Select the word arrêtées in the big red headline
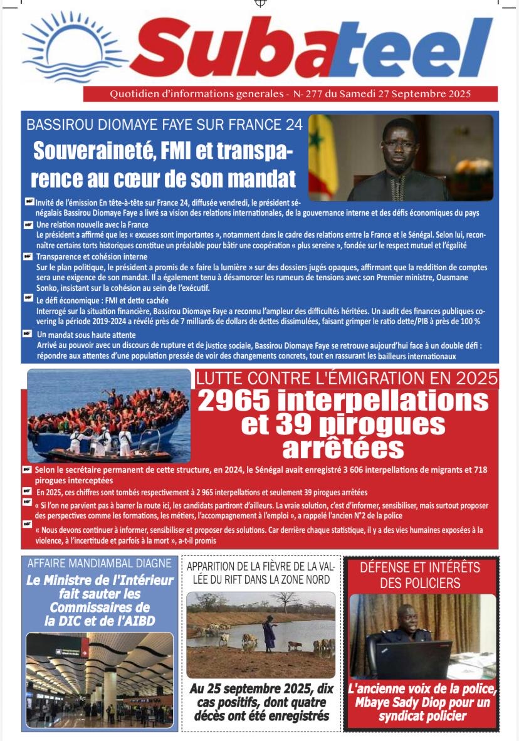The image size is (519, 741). coord(343,448)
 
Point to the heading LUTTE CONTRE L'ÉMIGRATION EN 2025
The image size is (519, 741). coord(347,378)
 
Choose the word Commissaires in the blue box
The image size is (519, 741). coord(100,607)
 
